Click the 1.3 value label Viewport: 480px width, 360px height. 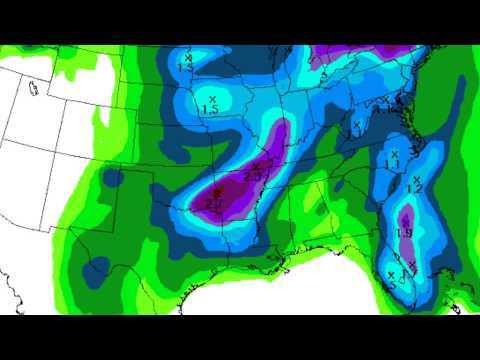(x=186, y=66)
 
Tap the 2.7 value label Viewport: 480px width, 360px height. (x=215, y=203)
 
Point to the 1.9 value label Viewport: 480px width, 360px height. (x=405, y=232)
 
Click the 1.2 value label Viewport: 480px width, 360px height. (x=415, y=188)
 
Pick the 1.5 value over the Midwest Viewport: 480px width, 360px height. (x=210, y=109)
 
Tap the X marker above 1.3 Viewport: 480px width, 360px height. (x=187, y=58)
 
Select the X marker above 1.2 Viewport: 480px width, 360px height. (x=416, y=178)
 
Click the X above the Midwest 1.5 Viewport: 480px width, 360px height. (x=212, y=98)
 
